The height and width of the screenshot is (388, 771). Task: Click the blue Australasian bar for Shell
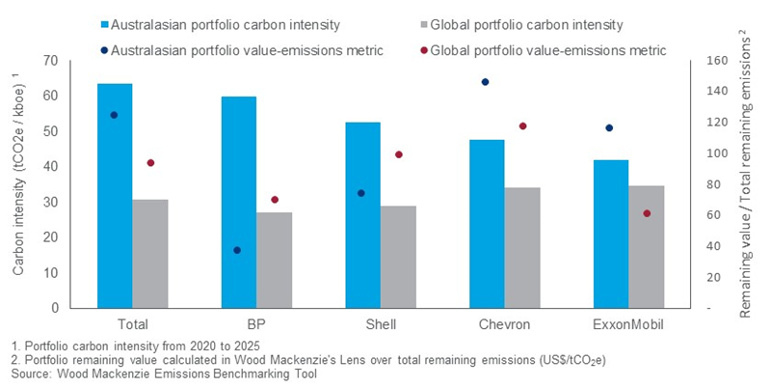pos(362,215)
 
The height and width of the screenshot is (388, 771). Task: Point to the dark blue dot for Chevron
pos(485,82)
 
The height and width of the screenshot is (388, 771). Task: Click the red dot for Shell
pos(398,154)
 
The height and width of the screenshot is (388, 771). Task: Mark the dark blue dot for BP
pos(236,250)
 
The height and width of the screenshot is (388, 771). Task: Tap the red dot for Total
pos(149,163)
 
